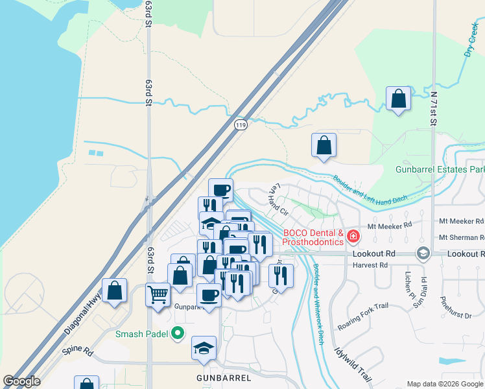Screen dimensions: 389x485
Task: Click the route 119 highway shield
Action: click(x=241, y=125)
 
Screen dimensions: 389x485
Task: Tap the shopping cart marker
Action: click(x=158, y=296)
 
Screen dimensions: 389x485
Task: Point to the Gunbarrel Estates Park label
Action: click(x=440, y=169)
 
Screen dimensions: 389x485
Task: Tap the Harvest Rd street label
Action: click(x=371, y=265)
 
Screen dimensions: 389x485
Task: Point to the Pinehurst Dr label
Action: click(x=455, y=308)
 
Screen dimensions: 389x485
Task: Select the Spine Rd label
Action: click(x=78, y=350)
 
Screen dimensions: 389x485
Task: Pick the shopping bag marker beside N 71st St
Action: click(x=398, y=99)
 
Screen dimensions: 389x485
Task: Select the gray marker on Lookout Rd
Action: click(x=423, y=253)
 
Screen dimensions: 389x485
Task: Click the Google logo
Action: click(x=21, y=382)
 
